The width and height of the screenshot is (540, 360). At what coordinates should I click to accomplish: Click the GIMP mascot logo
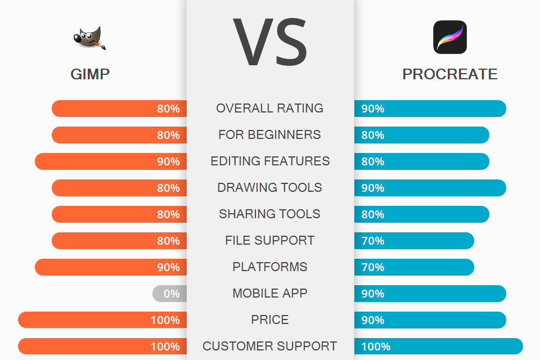pos(89,38)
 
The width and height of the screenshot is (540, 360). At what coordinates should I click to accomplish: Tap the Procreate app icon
pos(450,37)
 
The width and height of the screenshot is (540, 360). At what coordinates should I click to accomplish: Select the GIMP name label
pos(90,74)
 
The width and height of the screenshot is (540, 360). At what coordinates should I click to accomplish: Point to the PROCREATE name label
pos(450,74)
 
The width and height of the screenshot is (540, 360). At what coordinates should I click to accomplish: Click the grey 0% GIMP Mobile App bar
pos(169,294)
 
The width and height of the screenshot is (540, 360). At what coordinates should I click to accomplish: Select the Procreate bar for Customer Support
pos(439,346)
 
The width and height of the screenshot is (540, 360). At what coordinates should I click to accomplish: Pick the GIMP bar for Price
pos(102,320)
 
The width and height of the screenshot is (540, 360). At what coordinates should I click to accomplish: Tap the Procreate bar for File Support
pos(414,241)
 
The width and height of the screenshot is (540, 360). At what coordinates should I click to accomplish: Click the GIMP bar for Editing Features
pos(111,161)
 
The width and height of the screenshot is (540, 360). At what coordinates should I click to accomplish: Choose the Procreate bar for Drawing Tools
pos(430,188)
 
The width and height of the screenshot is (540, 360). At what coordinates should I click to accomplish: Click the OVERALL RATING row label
pos(270,109)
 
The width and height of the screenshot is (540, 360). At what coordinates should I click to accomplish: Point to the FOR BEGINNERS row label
pos(270,135)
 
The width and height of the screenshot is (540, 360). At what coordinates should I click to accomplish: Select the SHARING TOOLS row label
pos(270,214)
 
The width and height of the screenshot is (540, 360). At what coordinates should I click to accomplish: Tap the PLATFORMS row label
pos(270,267)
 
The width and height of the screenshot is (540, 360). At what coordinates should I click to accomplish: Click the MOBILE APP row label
pos(270,294)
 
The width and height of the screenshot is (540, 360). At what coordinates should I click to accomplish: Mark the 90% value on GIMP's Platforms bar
pos(168,267)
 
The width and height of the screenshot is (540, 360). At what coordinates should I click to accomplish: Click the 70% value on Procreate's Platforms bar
pos(373,267)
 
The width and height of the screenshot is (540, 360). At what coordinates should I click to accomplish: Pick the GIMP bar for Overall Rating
pos(119,109)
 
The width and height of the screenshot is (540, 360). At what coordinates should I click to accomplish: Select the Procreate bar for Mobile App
pos(430,294)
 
